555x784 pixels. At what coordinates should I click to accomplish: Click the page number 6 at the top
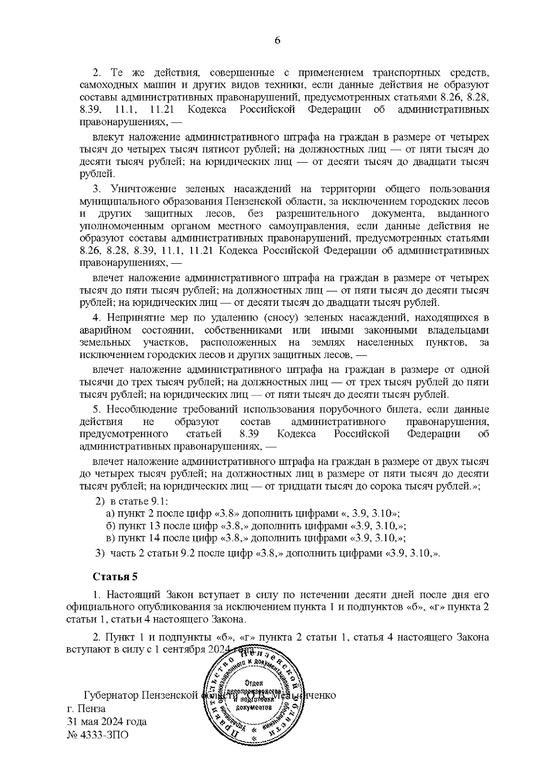click(x=277, y=40)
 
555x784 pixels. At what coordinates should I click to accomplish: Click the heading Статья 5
click(x=115, y=577)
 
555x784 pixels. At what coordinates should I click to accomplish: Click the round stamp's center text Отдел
click(x=254, y=683)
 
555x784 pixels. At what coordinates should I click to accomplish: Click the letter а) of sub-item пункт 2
click(x=110, y=513)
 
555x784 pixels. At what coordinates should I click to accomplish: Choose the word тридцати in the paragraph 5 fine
click(x=294, y=486)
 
